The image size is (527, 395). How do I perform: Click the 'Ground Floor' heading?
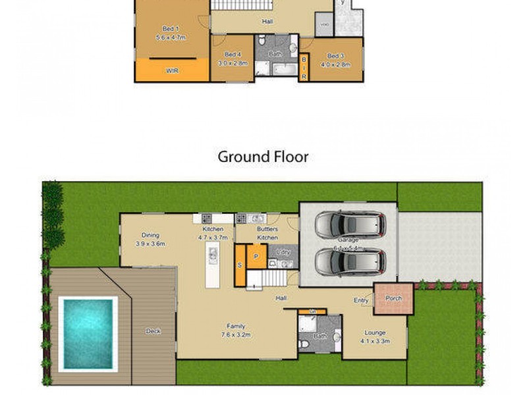pos(263,157)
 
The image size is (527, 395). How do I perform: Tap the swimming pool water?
pos(88,332)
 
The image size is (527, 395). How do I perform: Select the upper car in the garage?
pos(348,225)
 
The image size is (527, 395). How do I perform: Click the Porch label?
pos(393,298)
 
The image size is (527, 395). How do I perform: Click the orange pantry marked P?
pos(256,256)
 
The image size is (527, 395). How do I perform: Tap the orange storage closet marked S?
pos(240,265)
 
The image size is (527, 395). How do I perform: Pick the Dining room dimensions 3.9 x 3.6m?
pos(150,244)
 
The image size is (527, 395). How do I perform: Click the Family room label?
pos(235,326)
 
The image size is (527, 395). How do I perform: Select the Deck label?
pos(153,331)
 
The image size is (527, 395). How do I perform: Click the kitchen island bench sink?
pos(212,253)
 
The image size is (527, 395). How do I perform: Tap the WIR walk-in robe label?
pos(172,70)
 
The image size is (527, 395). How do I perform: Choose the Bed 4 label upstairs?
pos(232,54)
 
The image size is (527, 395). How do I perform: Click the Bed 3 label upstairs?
pos(335,56)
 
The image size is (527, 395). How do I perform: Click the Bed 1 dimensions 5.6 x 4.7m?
pos(171,38)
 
